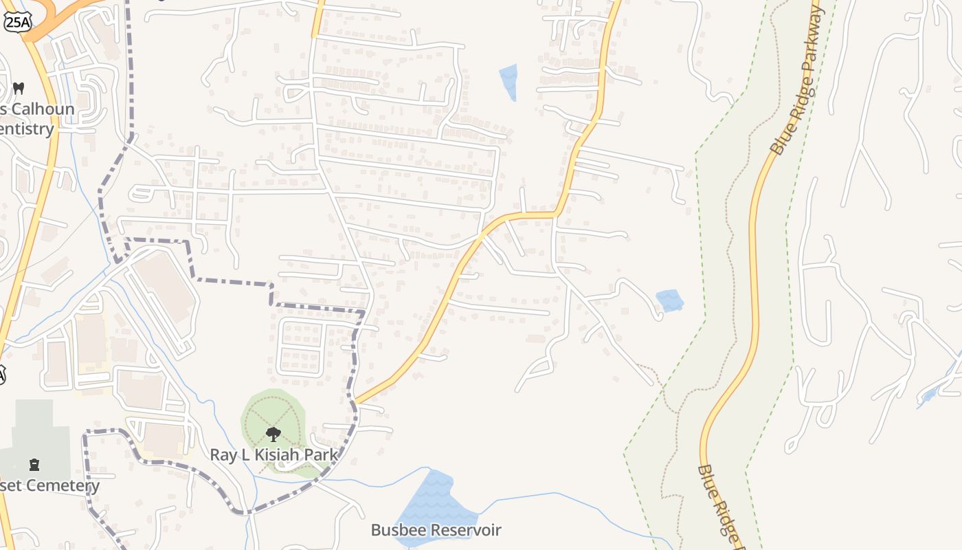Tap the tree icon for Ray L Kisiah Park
(x=273, y=434)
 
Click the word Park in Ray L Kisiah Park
(x=323, y=454)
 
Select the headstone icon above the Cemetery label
(x=34, y=465)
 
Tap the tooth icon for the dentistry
(x=19, y=89)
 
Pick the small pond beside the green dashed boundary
(x=669, y=300)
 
